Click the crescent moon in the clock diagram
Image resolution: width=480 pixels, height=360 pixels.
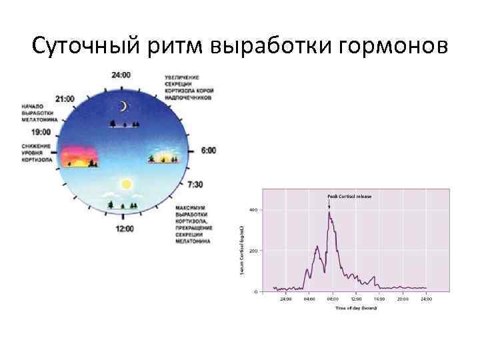123,106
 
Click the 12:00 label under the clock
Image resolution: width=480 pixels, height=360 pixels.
124,228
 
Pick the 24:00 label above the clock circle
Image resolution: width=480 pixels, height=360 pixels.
121,75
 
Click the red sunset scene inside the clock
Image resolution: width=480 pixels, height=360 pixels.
81,157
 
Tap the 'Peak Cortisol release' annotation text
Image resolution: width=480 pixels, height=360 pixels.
349,197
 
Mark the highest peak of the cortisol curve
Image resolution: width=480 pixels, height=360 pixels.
329,213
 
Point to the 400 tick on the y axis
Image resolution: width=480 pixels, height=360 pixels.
254,210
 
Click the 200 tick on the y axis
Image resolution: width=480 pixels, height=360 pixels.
254,251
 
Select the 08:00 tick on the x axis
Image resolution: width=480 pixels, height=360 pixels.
331,299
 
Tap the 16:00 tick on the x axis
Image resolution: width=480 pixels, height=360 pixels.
379,299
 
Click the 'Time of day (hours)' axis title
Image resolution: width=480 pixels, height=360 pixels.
355,307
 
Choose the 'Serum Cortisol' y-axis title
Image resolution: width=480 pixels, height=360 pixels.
242,247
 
